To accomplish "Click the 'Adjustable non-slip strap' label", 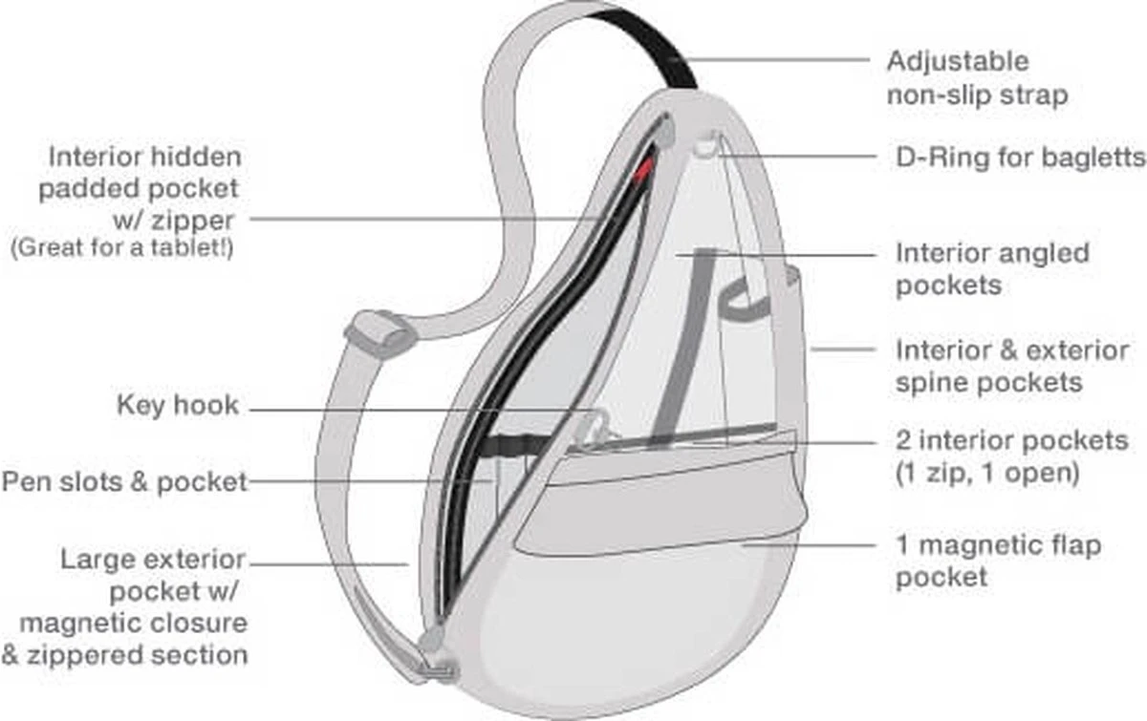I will click(x=976, y=78).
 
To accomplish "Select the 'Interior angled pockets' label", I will click(x=991, y=268).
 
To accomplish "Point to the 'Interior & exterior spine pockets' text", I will click(x=1011, y=366).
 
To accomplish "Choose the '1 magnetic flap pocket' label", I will click(x=998, y=562).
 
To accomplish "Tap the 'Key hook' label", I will click(x=177, y=405).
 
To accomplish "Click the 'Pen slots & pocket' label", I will click(x=124, y=482).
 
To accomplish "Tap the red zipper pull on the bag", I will click(x=647, y=168).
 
